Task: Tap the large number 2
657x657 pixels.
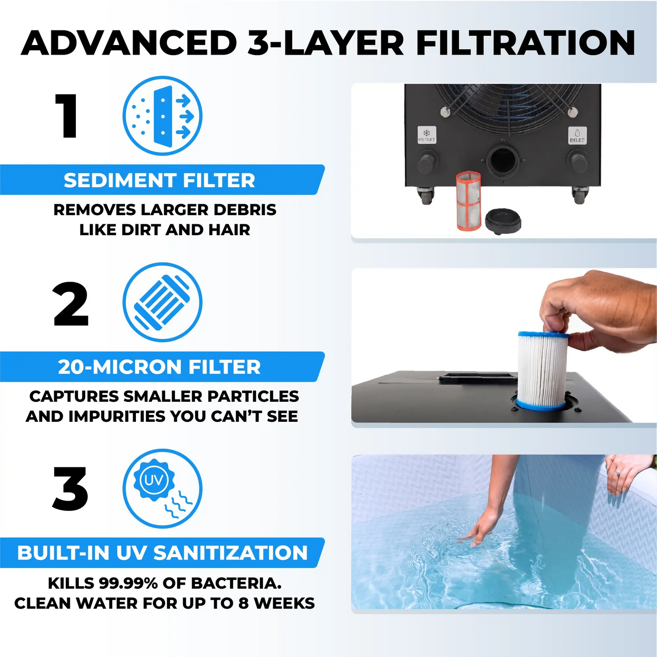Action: tap(70, 304)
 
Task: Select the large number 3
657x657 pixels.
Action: tap(70, 489)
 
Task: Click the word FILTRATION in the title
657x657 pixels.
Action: tap(526, 43)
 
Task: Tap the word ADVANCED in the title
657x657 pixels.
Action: tap(129, 43)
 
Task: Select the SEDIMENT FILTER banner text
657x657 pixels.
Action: tap(159, 180)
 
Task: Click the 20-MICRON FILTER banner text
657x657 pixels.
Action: tap(159, 367)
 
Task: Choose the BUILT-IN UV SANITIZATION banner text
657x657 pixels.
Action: tap(162, 553)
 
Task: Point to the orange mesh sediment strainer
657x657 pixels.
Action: tap(469, 201)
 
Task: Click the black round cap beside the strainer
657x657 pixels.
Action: tap(503, 221)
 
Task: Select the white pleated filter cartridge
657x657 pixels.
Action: tap(542, 370)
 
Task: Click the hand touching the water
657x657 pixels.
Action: tap(479, 530)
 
